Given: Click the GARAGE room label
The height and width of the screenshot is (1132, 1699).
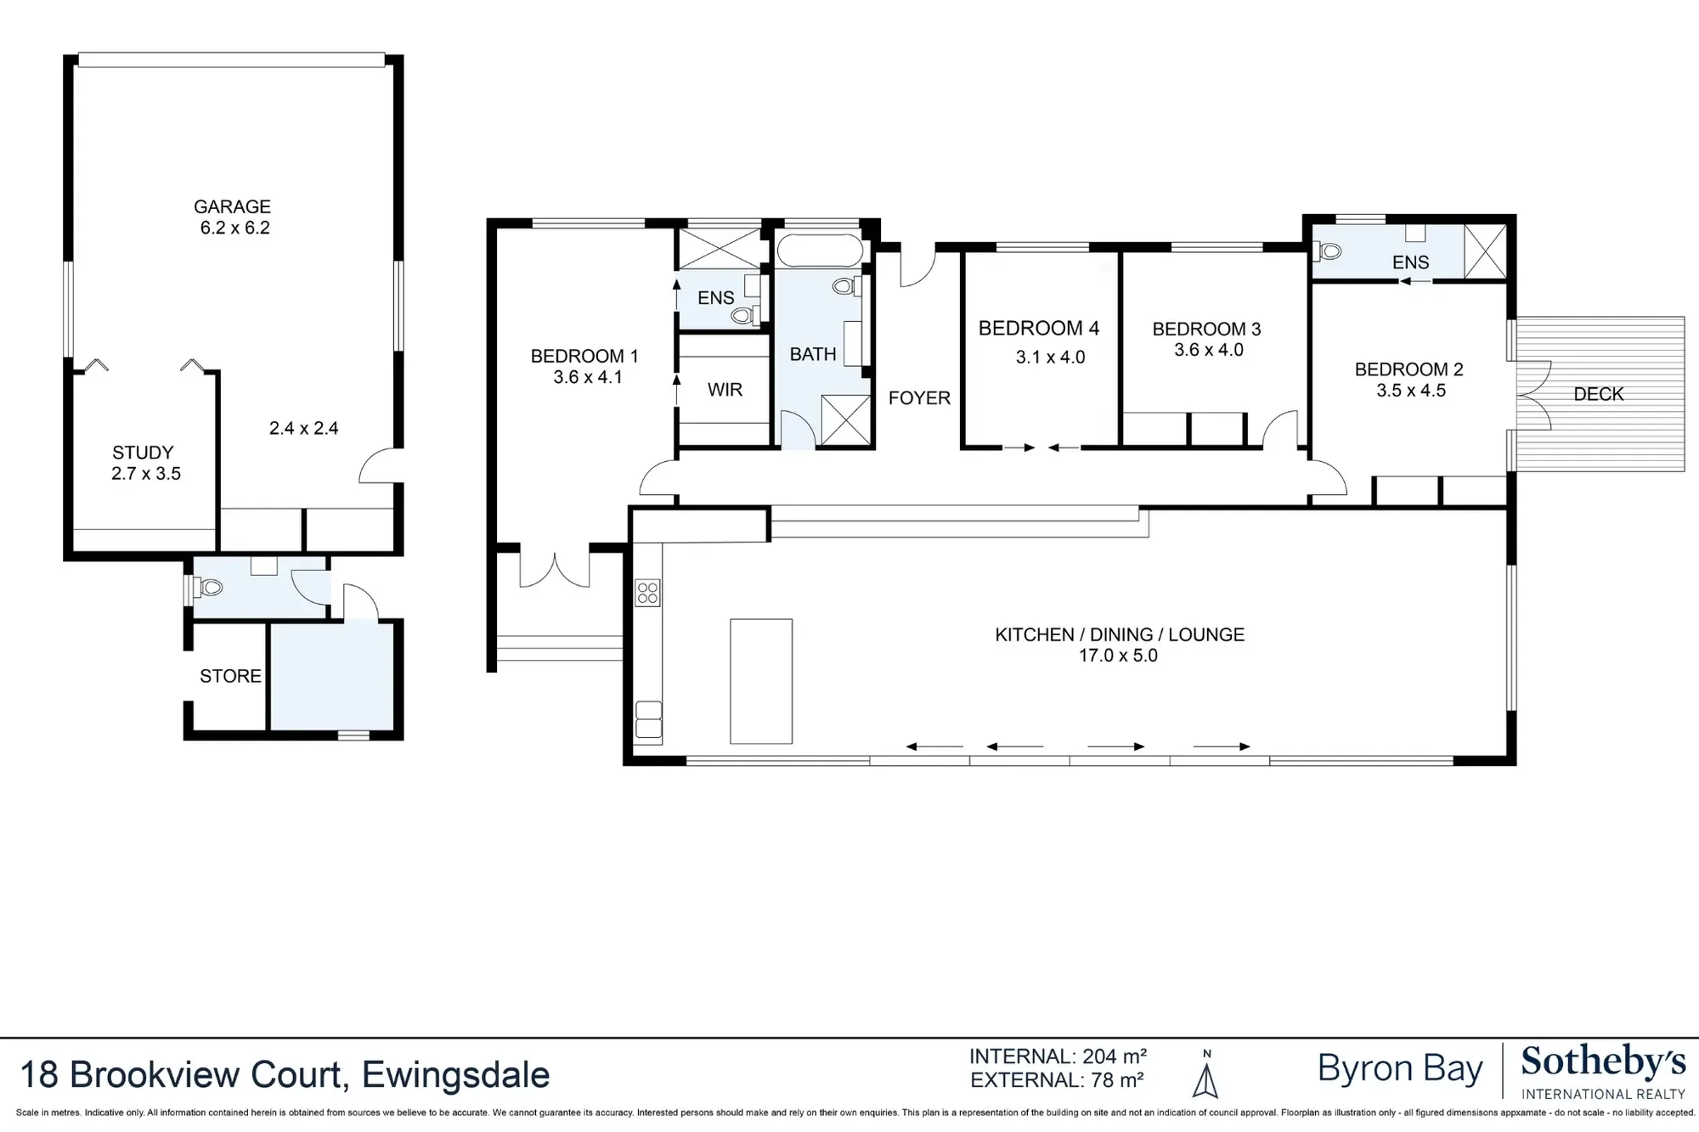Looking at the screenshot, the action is pyautogui.click(x=232, y=206).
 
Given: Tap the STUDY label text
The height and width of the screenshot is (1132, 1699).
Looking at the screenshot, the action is pyautogui.click(x=143, y=453).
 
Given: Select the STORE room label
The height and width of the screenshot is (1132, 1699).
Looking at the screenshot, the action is pyautogui.click(x=230, y=676).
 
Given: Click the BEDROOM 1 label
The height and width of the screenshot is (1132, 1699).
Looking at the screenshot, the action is pyautogui.click(x=584, y=357).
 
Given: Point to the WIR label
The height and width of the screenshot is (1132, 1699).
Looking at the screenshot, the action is pyautogui.click(x=725, y=390).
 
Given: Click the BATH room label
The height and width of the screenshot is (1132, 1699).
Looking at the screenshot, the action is pyautogui.click(x=813, y=354).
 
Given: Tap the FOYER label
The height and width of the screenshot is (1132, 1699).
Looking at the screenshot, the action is pyautogui.click(x=919, y=397).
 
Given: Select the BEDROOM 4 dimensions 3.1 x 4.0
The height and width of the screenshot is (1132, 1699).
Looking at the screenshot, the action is pyautogui.click(x=1051, y=358).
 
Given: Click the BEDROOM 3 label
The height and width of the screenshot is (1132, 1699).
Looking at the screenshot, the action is pyautogui.click(x=1206, y=329).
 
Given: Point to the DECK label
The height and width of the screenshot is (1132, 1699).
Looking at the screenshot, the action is pyautogui.click(x=1599, y=394).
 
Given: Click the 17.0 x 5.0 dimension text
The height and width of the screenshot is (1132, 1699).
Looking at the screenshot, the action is pyautogui.click(x=1119, y=656).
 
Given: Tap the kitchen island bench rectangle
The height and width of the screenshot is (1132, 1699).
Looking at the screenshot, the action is pyautogui.click(x=761, y=681).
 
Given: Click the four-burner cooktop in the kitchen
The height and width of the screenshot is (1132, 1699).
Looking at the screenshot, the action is pyautogui.click(x=647, y=593).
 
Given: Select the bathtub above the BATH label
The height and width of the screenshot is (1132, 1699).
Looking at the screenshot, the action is pyautogui.click(x=820, y=251).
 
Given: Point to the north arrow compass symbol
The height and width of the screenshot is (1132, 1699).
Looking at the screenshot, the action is pyautogui.click(x=1205, y=1077).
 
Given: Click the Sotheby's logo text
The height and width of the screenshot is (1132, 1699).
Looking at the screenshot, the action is pyautogui.click(x=1603, y=1062).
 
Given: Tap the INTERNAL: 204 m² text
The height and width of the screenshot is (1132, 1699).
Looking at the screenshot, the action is pyautogui.click(x=1058, y=1056).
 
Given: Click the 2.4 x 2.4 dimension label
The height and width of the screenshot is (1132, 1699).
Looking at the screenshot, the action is pyautogui.click(x=303, y=428).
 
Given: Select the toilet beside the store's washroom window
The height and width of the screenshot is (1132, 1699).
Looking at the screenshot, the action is pyautogui.click(x=209, y=586).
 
